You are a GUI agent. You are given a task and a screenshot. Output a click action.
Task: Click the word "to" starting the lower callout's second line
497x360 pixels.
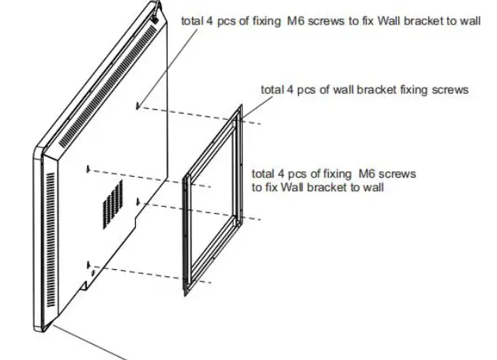click(x=257, y=187)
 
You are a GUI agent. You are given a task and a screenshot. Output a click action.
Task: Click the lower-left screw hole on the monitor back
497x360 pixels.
click(x=88, y=265)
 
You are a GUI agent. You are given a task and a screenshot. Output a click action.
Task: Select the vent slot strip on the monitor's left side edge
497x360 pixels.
click(x=50, y=229)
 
